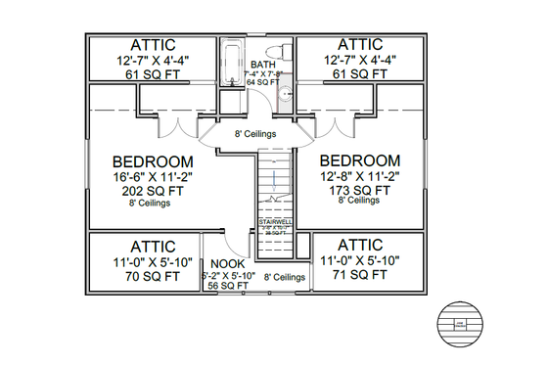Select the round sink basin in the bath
284,94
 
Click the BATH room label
262,65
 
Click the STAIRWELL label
275,222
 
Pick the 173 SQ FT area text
359,190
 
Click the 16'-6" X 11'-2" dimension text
153,177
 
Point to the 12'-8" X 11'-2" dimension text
359,176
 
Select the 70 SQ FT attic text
146,277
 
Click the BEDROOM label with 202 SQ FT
153,161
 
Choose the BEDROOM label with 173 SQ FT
359,160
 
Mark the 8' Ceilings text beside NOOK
284,278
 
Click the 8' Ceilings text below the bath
254,134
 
